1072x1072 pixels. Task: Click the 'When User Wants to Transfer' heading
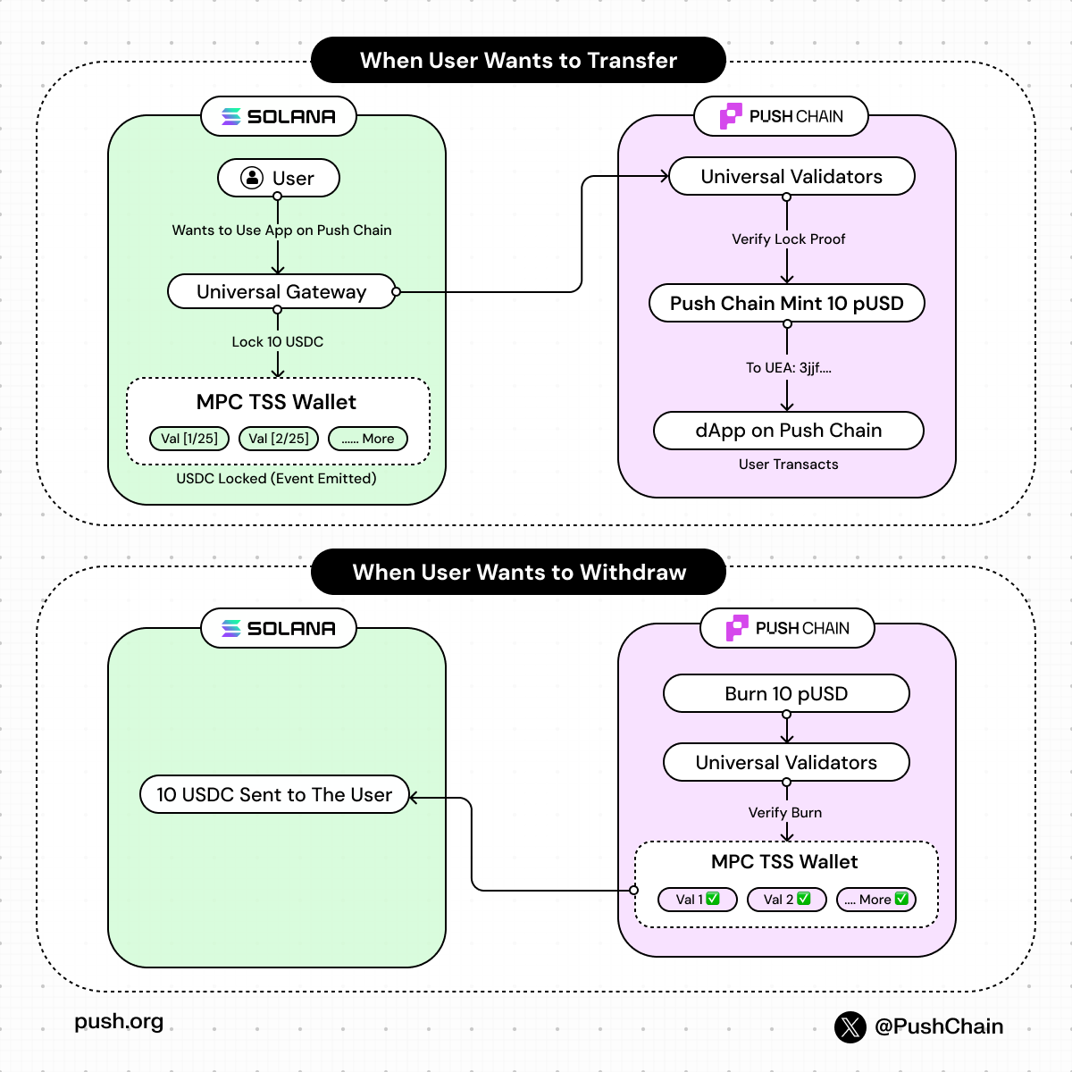518,60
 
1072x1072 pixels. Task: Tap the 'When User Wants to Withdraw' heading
518,572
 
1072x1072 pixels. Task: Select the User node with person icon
278,178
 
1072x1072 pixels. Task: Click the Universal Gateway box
281,291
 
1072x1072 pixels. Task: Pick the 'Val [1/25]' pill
189,439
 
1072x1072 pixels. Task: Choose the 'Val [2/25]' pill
279,439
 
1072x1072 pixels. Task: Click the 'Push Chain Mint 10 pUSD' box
786,303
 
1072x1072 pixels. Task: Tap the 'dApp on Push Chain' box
788,431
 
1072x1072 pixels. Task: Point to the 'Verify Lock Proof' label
788,239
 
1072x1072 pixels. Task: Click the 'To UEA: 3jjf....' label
788,368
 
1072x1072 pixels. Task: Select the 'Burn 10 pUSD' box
786,693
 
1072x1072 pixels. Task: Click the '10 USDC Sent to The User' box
274,794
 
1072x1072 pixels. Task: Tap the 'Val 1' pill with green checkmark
697,900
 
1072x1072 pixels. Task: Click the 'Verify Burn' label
784,813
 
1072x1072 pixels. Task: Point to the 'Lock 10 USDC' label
277,342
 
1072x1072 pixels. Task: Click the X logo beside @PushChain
850,1027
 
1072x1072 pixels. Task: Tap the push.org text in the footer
119,1022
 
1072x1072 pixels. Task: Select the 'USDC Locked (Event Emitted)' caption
276,479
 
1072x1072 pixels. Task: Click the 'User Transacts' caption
788,465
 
